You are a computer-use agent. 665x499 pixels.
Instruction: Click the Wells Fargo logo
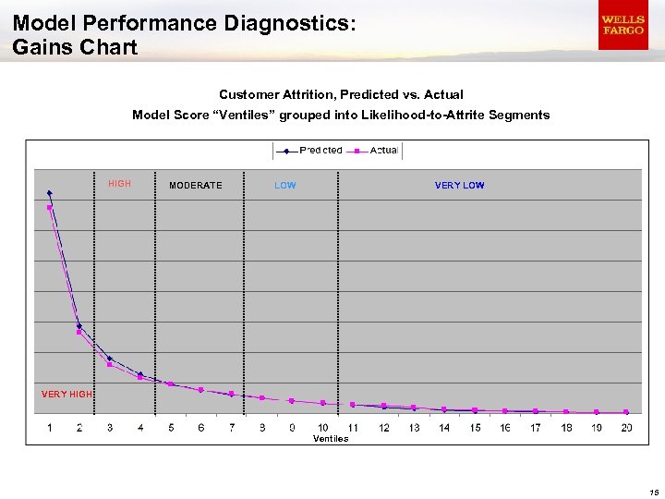[623, 25]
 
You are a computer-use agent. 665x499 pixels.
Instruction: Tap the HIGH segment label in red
[119, 184]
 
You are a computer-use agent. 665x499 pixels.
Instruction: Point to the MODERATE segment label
[195, 186]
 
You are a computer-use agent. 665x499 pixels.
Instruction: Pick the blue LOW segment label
[285, 186]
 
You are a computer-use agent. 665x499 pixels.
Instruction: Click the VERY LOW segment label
[459, 186]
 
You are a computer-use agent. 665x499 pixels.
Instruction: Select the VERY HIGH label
[66, 395]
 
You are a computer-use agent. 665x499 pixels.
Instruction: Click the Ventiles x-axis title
[331, 439]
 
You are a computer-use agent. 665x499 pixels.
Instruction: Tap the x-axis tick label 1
[49, 427]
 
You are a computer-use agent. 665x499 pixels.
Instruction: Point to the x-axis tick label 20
[626, 427]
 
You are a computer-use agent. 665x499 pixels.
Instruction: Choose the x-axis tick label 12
[383, 427]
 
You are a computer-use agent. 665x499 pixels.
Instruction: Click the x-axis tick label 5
[171, 427]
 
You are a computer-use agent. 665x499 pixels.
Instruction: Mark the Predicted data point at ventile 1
[49, 193]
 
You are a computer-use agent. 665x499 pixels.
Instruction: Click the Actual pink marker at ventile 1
[49, 207]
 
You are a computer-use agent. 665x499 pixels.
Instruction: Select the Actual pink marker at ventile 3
[110, 364]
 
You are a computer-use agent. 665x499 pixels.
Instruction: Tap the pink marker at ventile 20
[626, 412]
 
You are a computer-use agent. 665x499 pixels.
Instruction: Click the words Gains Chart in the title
[75, 47]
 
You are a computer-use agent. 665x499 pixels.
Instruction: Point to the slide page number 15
[653, 492]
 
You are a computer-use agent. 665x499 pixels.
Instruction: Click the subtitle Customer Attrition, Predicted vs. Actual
[341, 94]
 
